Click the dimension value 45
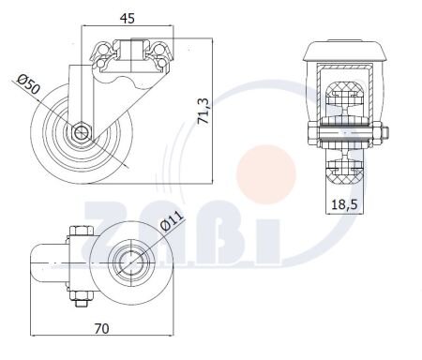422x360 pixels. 128,19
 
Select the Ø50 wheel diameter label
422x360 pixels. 28,84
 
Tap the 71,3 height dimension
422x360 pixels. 204,112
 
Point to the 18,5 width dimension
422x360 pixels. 344,204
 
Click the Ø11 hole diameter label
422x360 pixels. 172,220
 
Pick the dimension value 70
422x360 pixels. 102,329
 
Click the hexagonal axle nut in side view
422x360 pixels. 82,132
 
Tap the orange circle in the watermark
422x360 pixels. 266,173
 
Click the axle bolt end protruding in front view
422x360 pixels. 385,134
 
